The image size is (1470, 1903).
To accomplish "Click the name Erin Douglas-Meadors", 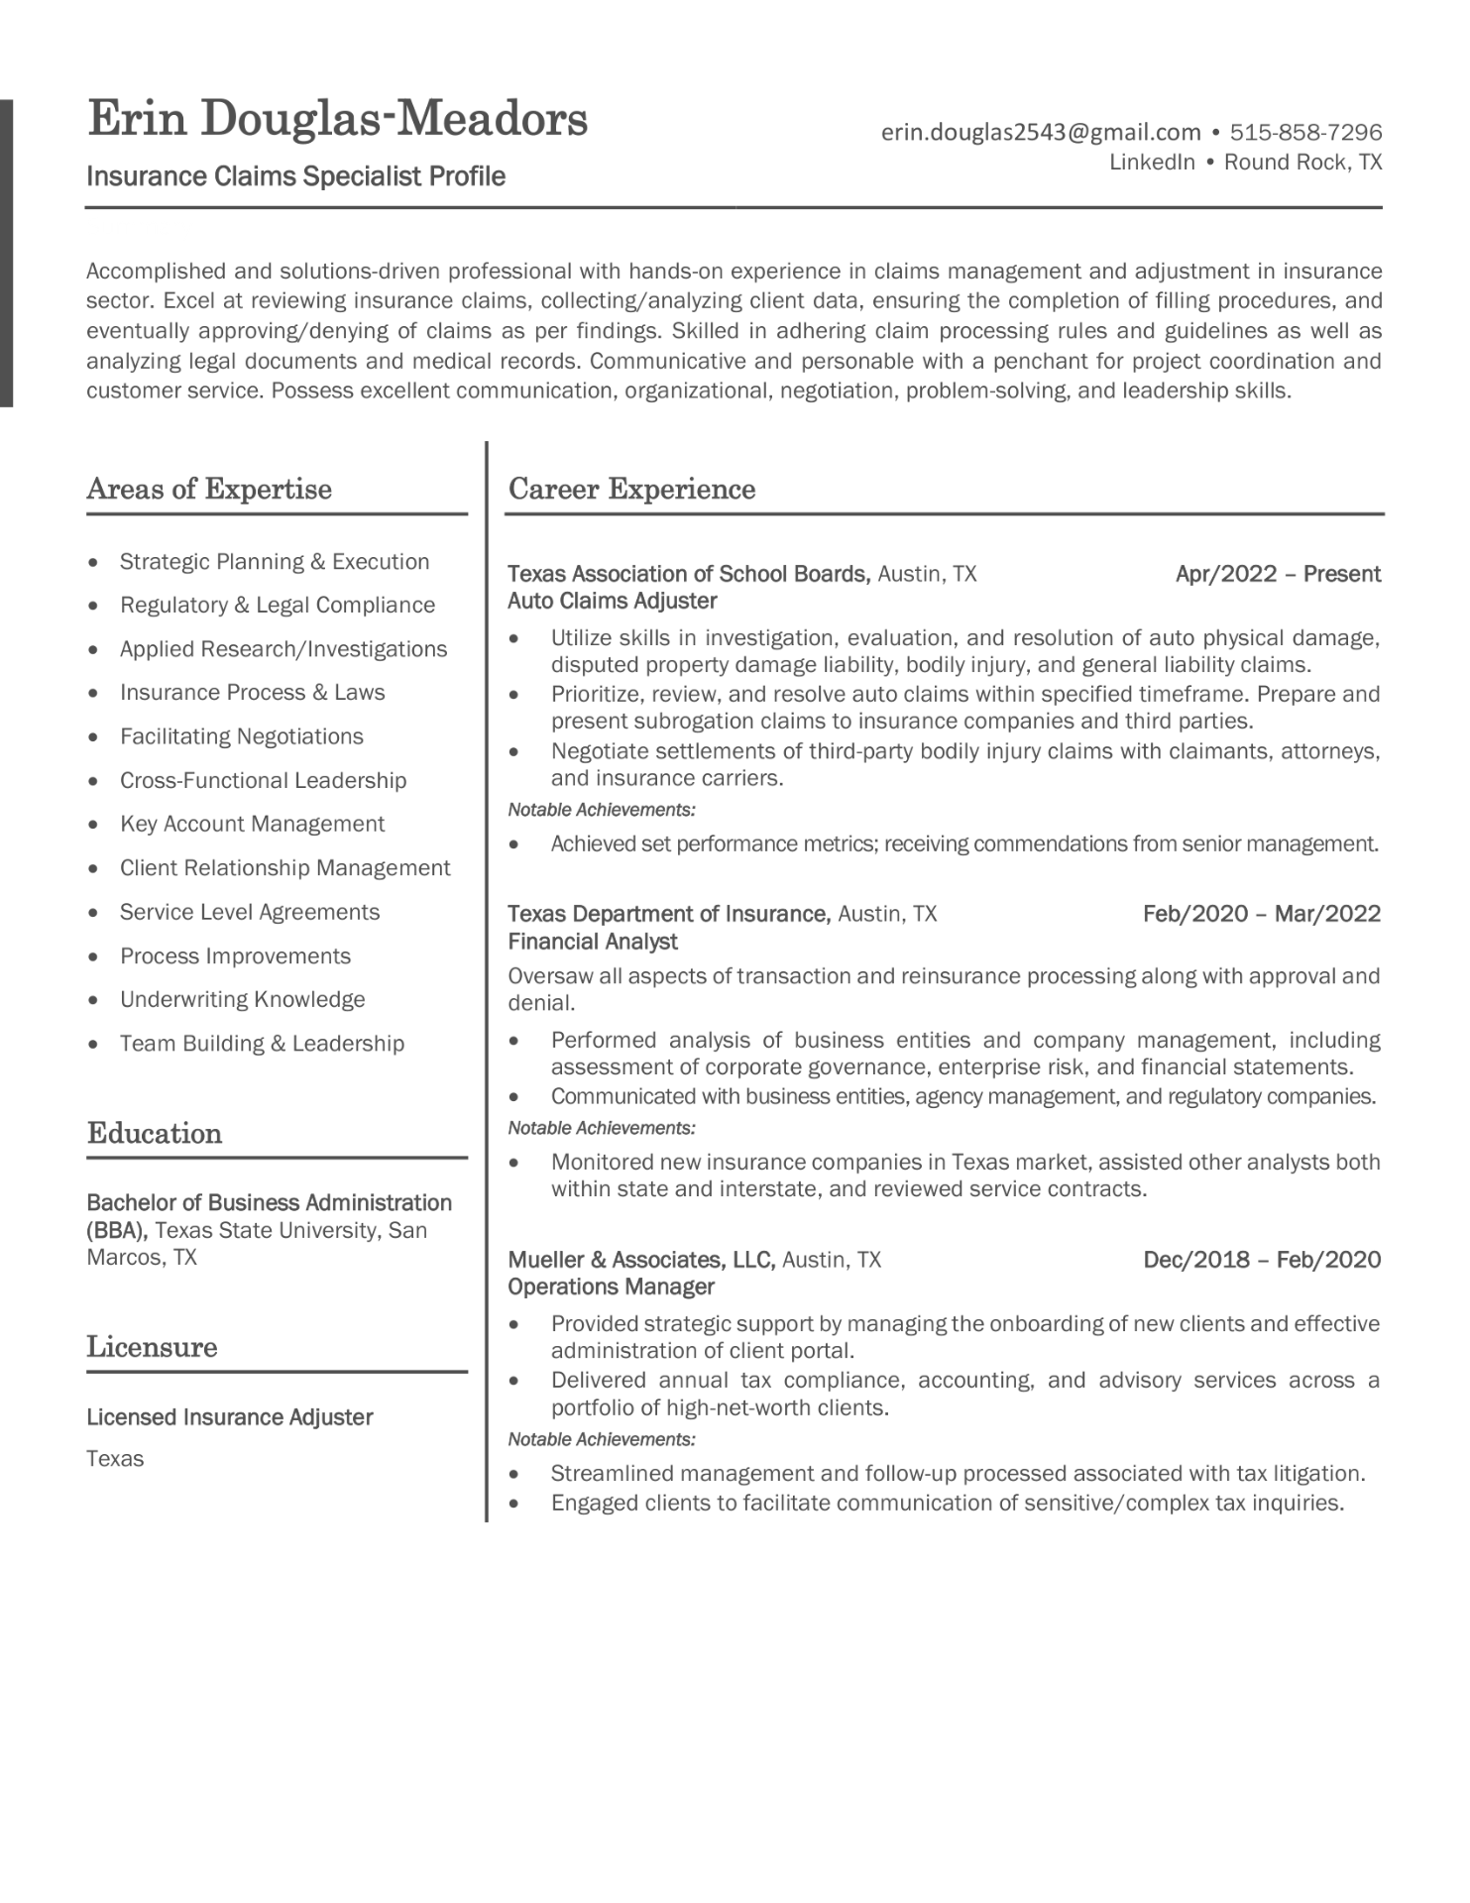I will tap(337, 120).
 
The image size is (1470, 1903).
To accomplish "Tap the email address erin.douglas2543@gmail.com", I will tap(1041, 132).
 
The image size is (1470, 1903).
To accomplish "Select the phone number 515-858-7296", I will tap(1305, 132).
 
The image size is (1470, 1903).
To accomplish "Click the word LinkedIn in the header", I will tap(1151, 163).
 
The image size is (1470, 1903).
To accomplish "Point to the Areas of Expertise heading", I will tap(209, 489).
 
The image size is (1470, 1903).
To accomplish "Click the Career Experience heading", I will tap(631, 489).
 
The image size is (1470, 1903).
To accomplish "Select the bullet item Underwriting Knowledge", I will tap(242, 999).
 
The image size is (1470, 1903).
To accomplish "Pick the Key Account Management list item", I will tap(252, 824).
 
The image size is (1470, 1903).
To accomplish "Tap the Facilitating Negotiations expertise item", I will tap(241, 736).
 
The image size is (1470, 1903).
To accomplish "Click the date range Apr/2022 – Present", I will tap(1278, 574).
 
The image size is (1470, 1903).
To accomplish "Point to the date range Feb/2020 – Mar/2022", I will tap(1261, 914).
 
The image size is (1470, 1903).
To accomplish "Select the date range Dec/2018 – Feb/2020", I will tap(1261, 1260).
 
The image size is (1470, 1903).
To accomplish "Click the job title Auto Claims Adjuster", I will tap(612, 601).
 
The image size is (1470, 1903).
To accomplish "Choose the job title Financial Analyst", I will tap(592, 942).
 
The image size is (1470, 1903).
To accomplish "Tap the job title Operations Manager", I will tap(611, 1287).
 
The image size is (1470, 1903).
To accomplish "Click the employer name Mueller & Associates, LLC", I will tap(640, 1260).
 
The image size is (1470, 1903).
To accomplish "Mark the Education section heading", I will tap(154, 1133).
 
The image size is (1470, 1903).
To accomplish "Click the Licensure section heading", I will tap(152, 1347).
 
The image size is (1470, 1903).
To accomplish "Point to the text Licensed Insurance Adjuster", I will tap(229, 1417).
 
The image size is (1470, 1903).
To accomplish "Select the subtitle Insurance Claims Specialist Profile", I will tap(295, 176).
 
